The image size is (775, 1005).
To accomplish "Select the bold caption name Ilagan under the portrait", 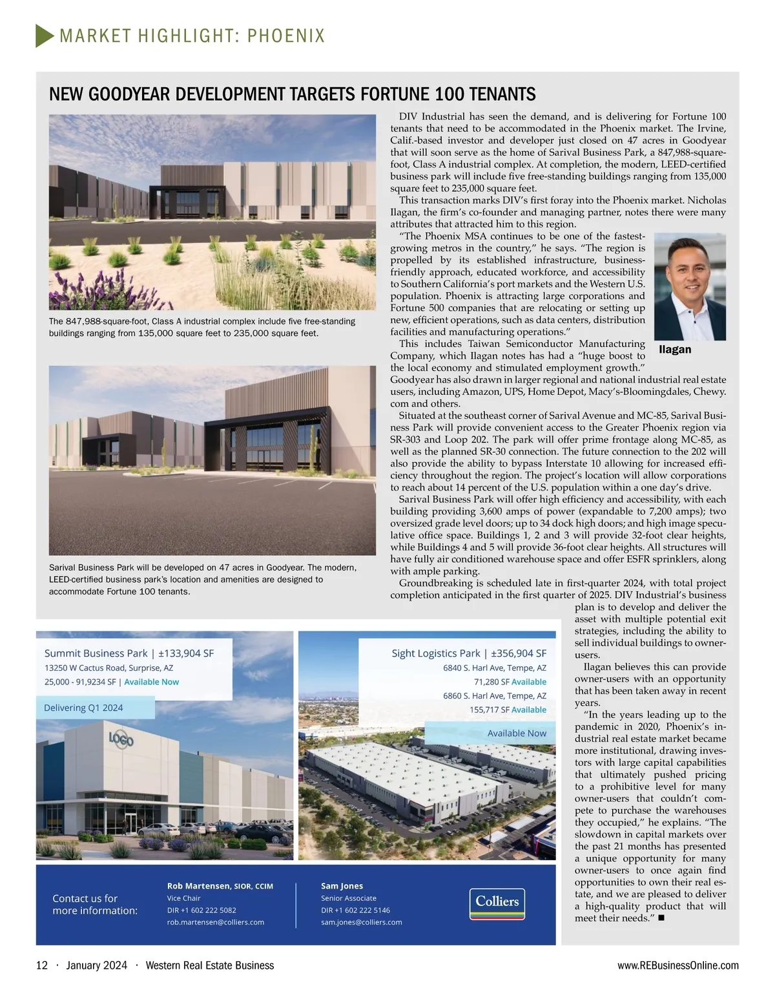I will pos(675,350).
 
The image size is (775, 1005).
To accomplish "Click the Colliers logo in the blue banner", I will pos(497,904).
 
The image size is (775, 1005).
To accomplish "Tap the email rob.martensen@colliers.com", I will pos(216,922).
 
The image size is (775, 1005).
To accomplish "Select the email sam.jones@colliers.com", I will pos(362,922).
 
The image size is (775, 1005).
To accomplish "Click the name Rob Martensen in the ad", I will pos(198,886).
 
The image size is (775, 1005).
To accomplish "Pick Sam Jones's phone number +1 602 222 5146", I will pos(355,911).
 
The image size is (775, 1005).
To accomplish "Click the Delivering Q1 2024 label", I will pos(83,708).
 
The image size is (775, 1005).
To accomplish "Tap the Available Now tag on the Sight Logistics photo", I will pos(517,733).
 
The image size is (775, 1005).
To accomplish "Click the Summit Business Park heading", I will pos(129,653).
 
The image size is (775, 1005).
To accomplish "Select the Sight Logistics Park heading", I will pos(469,653).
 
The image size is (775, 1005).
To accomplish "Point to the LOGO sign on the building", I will pos(121,739).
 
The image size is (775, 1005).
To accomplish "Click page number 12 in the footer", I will pos(42,966).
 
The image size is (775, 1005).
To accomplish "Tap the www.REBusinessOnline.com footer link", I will pos(678,966).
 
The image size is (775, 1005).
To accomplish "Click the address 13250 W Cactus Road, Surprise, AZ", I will pos(108,668).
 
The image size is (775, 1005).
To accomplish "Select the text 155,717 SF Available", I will pos(508,710).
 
